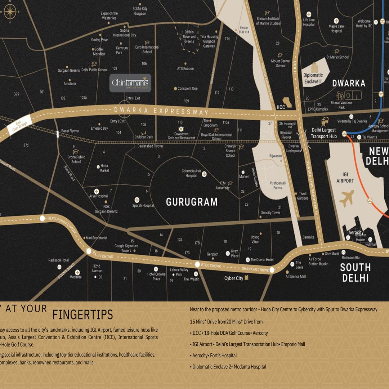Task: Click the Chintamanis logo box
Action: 130,83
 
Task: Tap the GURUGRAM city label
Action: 192,202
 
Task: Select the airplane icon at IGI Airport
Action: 346,198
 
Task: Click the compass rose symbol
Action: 10,13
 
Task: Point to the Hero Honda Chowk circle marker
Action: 43,218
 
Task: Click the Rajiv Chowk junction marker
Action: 89,251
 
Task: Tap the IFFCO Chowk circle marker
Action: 197,264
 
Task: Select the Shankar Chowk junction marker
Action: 272,270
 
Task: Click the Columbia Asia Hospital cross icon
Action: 204,174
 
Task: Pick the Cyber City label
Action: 234,278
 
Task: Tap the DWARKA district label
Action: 348,83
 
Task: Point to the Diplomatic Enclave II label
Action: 313,78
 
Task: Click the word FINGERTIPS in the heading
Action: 82,314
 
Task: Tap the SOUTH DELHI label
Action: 355,272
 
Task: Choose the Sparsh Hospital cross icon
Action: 137,200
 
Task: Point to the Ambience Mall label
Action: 295,276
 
